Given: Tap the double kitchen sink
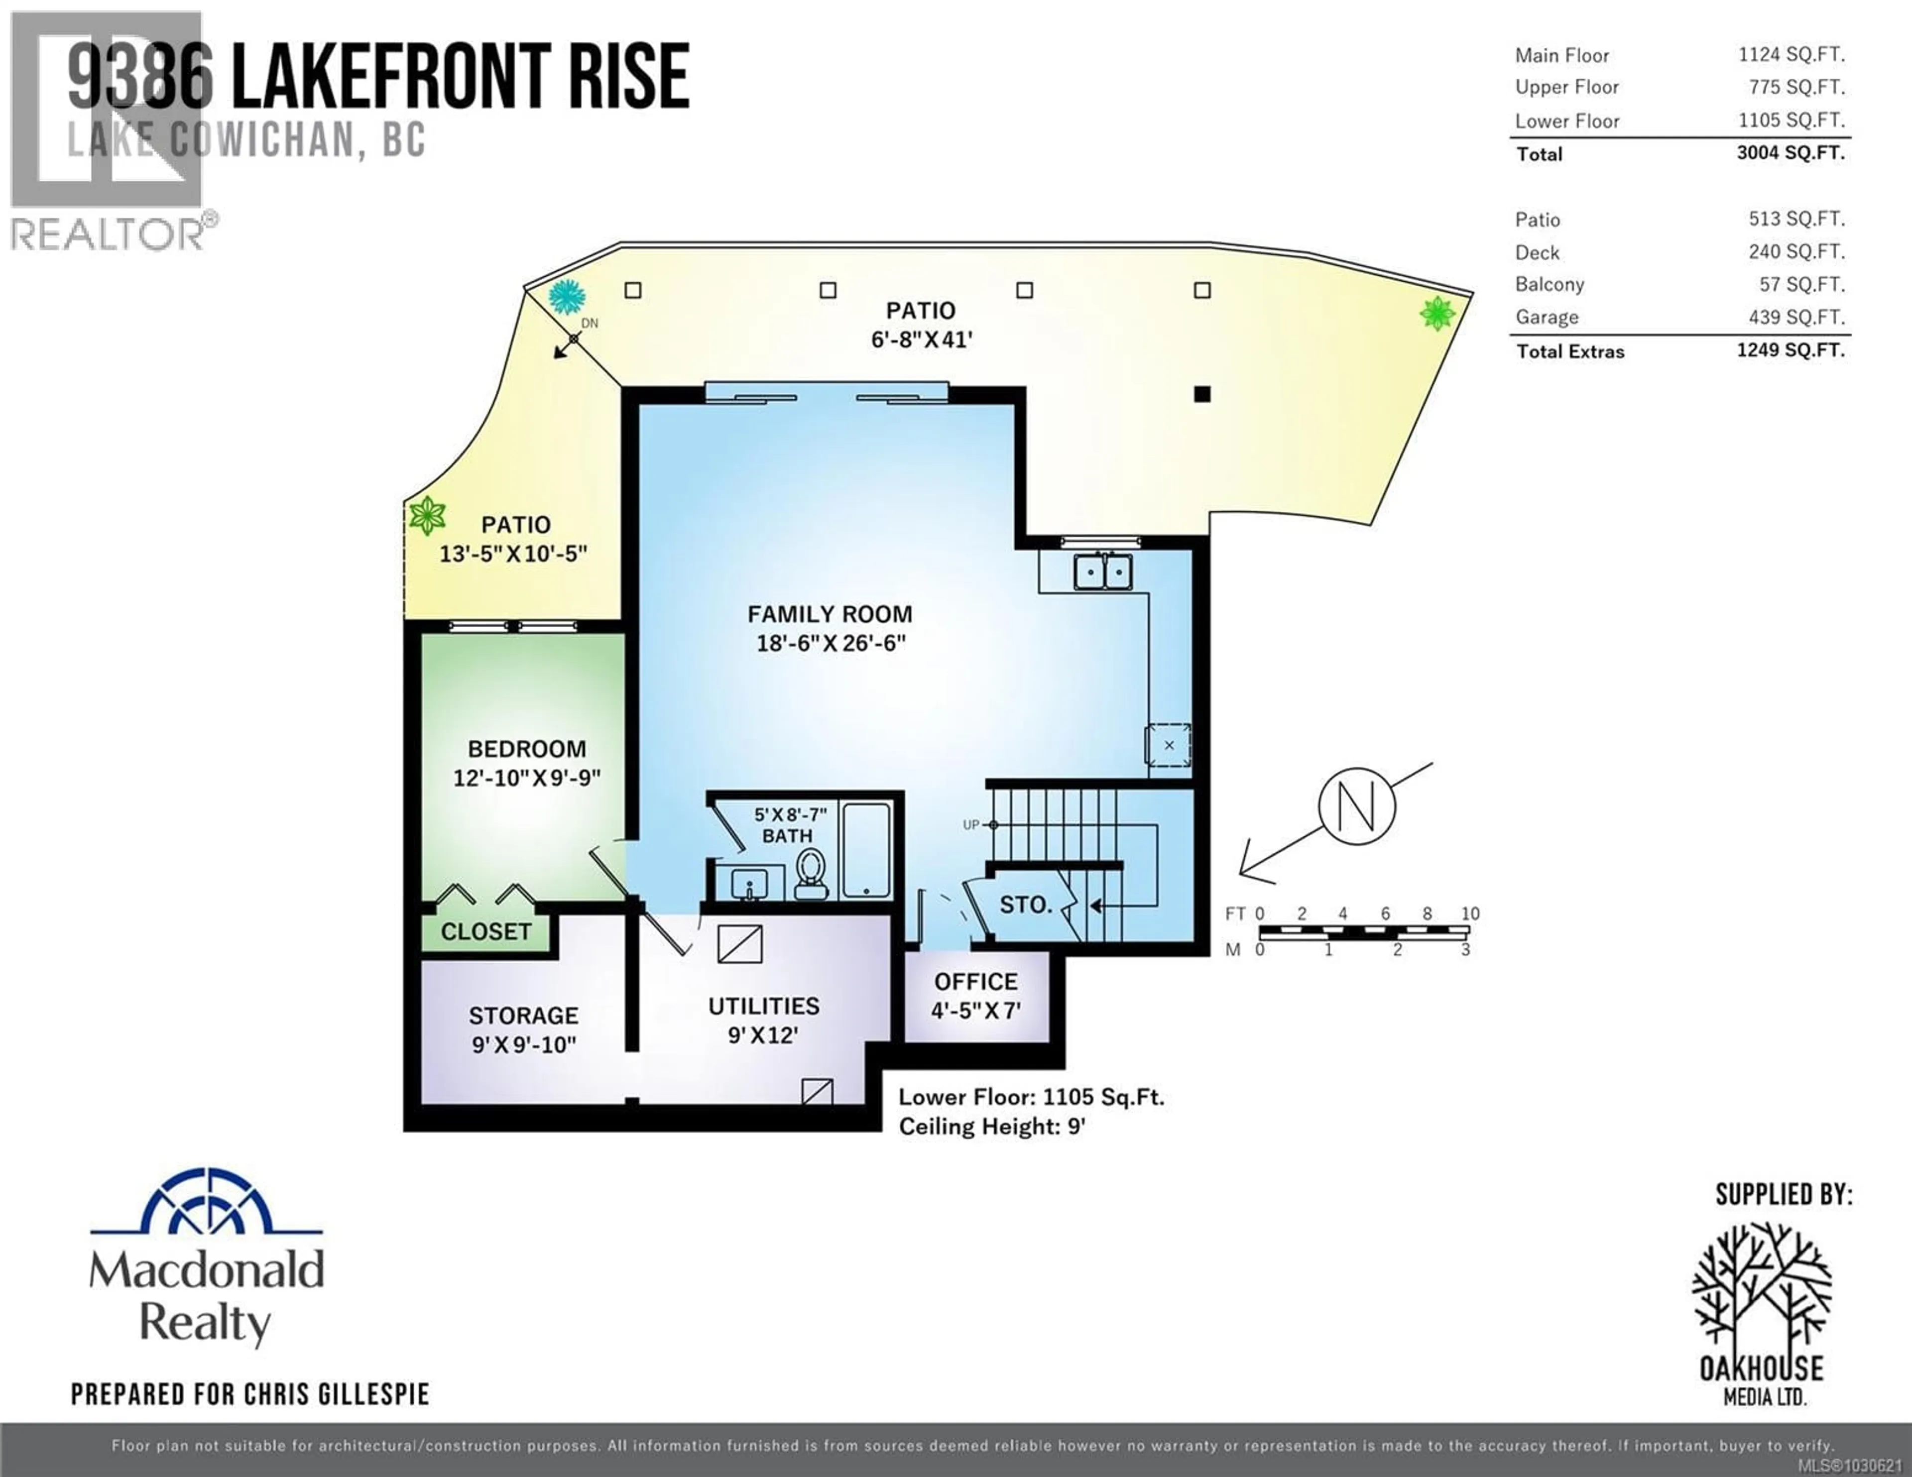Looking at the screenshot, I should click(x=1103, y=572).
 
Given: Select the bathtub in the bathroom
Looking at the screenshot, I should click(x=866, y=849).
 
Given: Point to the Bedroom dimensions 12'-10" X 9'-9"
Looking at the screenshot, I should click(x=526, y=778).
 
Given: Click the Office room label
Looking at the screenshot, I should click(x=975, y=982).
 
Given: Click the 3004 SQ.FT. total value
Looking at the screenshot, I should click(x=1791, y=153).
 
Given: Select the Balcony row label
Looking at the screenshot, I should click(x=1550, y=285).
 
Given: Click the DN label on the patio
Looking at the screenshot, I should click(x=589, y=323).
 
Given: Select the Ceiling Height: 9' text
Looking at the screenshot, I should click(x=992, y=1127).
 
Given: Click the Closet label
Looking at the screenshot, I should click(x=486, y=931).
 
